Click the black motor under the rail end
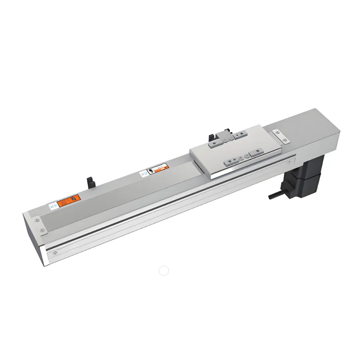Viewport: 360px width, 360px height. (307, 176)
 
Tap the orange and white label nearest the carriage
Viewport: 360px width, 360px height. (160, 168)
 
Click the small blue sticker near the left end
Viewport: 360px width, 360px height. (53, 206)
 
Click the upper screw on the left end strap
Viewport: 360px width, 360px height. (37, 220)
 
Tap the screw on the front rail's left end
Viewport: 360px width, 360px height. (55, 253)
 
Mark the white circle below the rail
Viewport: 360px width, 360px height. (164, 271)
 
